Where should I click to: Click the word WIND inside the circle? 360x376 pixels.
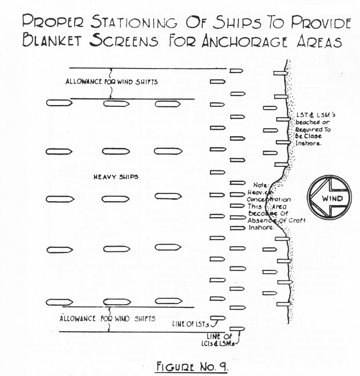click(332, 198)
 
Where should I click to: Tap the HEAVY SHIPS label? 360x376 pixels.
click(116, 177)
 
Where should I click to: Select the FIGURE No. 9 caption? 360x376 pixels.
click(191, 366)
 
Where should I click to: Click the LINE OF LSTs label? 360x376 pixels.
click(191, 324)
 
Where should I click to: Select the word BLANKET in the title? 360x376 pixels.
click(52, 40)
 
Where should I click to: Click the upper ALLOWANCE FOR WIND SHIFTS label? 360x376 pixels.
click(111, 81)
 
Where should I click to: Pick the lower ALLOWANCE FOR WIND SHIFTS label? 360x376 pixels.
click(107, 319)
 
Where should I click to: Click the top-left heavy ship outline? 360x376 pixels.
click(59, 103)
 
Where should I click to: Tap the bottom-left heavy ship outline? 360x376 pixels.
click(59, 302)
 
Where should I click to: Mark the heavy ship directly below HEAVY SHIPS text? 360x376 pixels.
click(116, 199)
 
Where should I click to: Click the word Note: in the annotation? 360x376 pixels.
click(261, 185)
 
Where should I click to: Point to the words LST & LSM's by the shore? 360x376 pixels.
click(316, 115)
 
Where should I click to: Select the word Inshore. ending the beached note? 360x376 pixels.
click(308, 143)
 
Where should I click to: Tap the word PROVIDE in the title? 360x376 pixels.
click(321, 22)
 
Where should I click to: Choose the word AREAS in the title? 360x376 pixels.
click(319, 42)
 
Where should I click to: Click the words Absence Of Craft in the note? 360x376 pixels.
click(277, 220)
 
